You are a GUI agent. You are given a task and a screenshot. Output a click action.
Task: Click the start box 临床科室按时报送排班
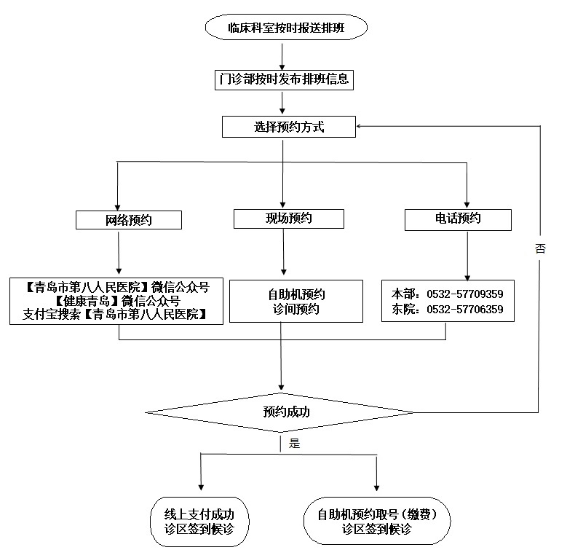(287, 28)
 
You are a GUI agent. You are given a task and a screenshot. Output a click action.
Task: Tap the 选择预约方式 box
(288, 127)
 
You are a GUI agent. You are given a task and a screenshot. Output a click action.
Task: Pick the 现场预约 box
(288, 218)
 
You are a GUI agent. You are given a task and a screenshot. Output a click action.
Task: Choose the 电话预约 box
(458, 219)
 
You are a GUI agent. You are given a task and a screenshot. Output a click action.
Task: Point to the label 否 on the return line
(540, 249)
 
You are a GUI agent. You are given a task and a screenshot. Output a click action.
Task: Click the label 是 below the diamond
(294, 442)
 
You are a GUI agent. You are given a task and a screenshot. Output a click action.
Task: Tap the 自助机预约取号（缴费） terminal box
(376, 521)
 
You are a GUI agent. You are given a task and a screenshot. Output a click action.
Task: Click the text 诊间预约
(296, 310)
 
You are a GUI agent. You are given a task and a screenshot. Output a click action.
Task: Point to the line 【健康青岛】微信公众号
(116, 300)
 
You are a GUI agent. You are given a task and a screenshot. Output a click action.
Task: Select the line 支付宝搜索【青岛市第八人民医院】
(116, 314)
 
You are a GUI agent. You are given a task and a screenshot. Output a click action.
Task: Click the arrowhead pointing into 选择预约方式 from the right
(361, 127)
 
